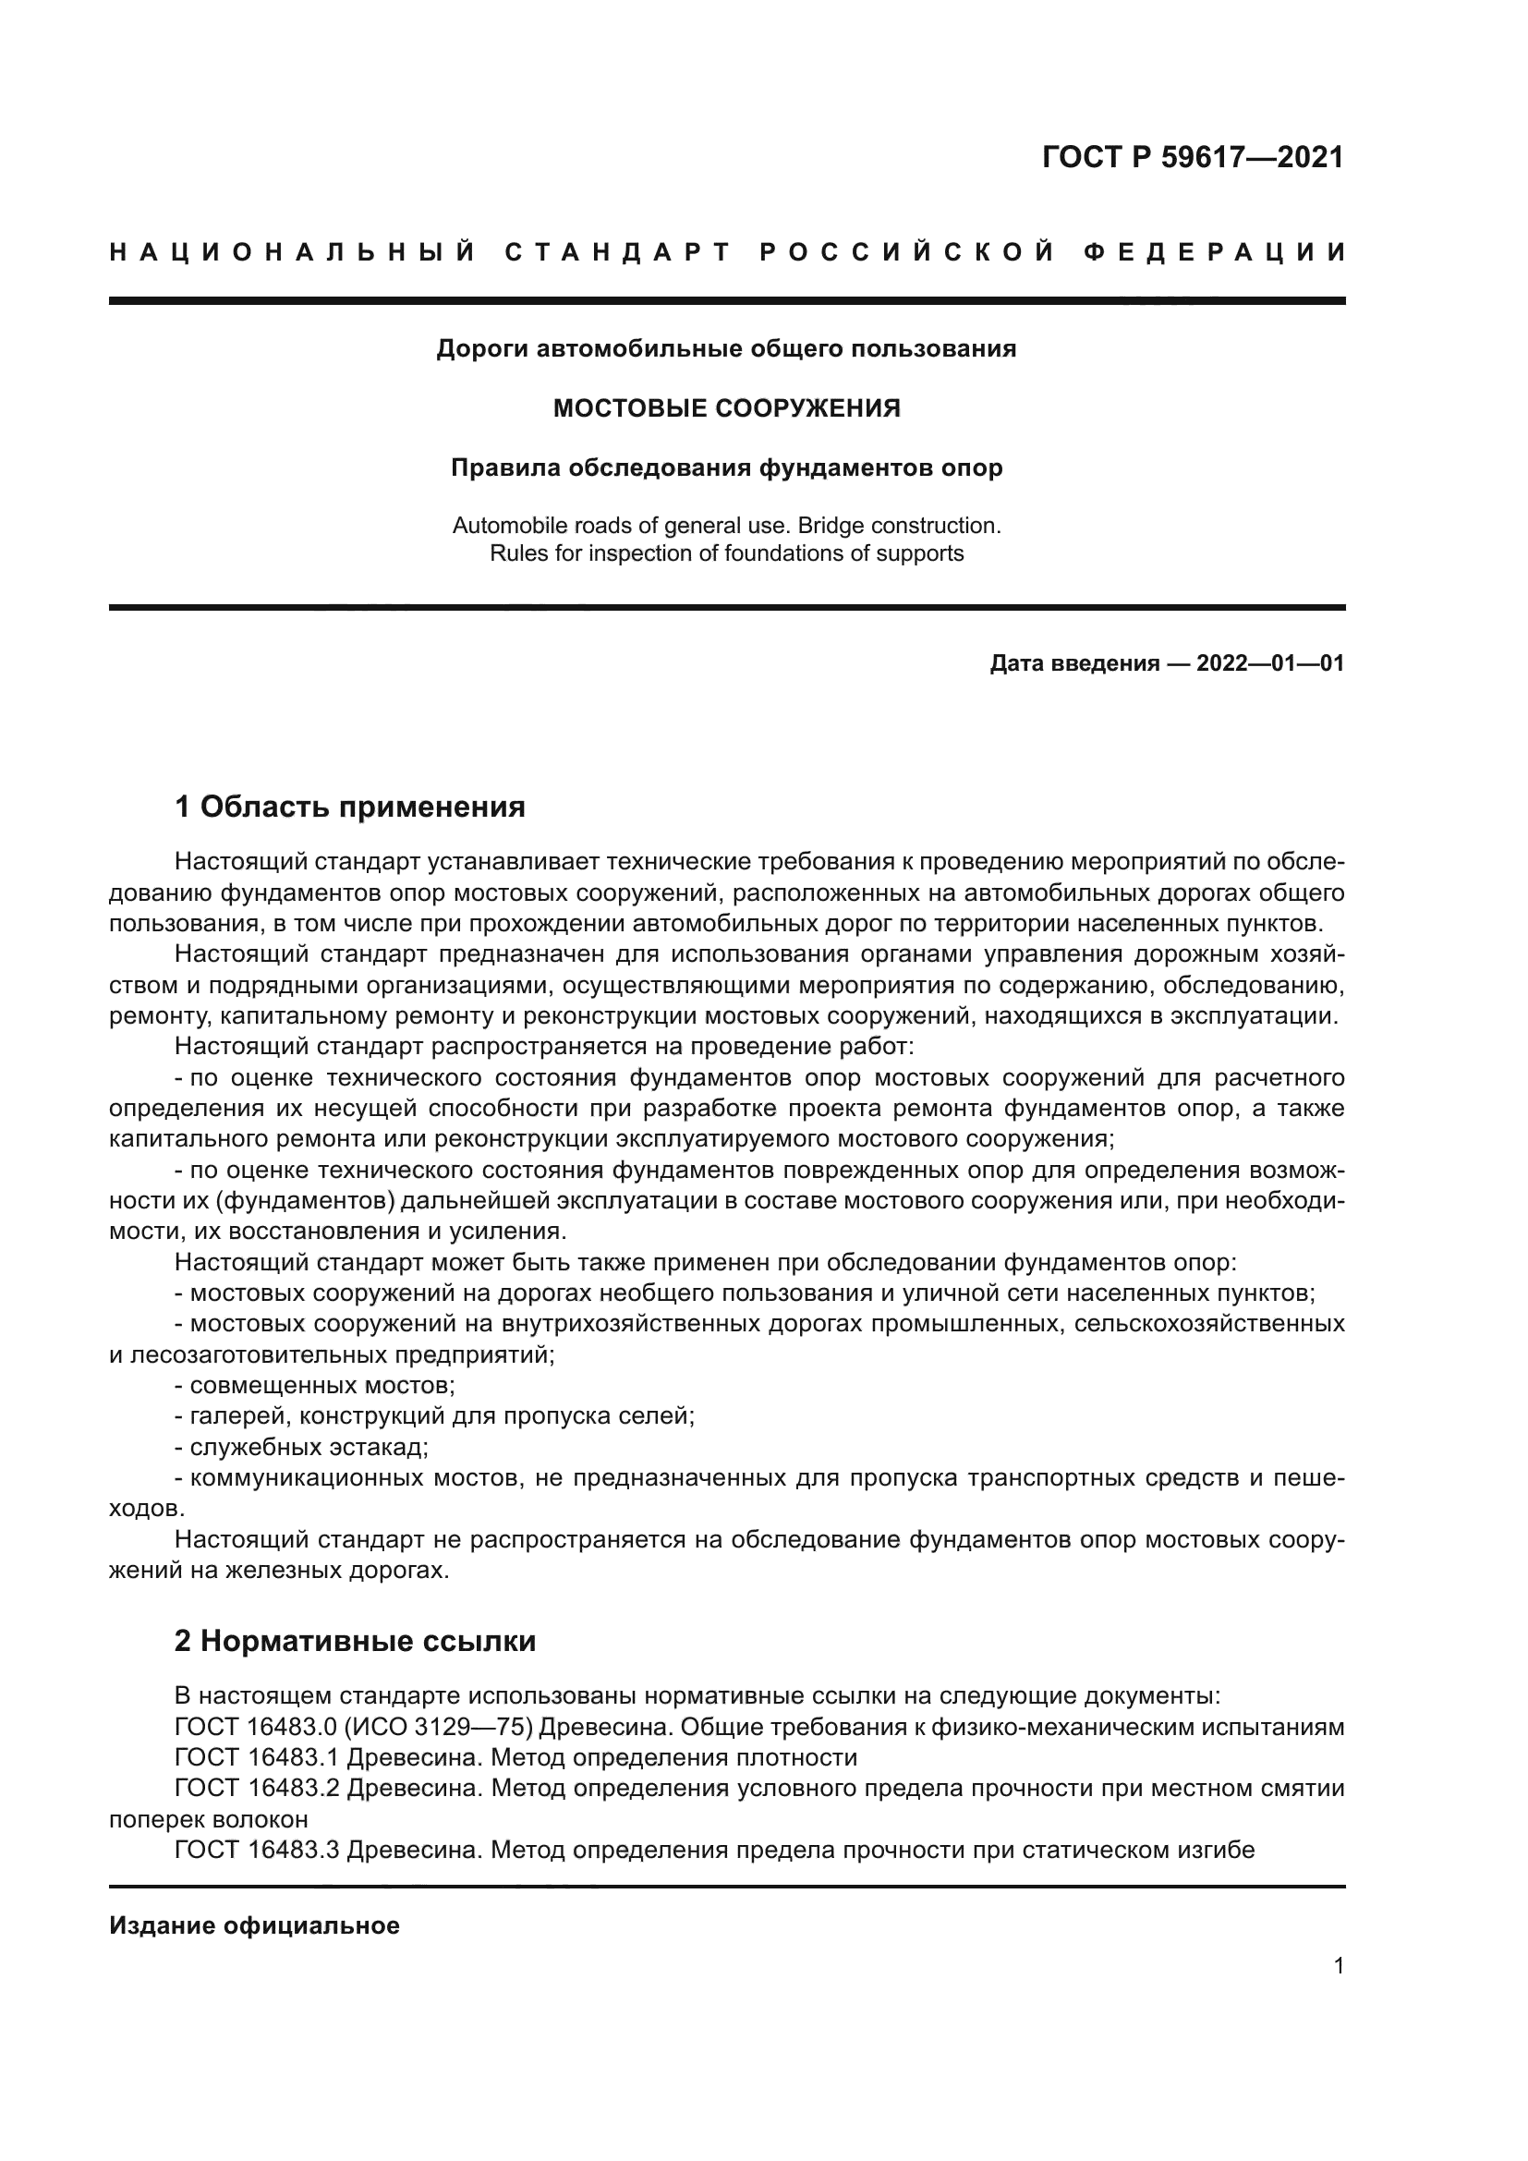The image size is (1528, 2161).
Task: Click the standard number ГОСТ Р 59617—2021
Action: click(1192, 156)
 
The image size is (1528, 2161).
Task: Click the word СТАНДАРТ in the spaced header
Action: click(618, 252)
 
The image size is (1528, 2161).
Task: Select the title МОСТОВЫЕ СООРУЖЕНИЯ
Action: click(726, 408)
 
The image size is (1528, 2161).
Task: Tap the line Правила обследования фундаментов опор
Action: click(726, 467)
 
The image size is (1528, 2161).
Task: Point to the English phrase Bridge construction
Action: click(899, 525)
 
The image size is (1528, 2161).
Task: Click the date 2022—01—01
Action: click(1270, 663)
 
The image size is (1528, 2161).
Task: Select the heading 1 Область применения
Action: click(350, 807)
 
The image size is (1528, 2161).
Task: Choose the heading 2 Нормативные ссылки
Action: click(355, 1642)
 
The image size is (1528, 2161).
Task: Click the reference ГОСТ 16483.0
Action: click(249, 1727)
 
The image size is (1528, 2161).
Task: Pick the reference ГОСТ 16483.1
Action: click(249, 1757)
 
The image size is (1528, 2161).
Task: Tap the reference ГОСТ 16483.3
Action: click(249, 1850)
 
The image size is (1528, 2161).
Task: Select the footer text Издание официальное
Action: click(254, 1925)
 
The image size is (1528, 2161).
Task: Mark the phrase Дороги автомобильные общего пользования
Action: click(726, 349)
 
